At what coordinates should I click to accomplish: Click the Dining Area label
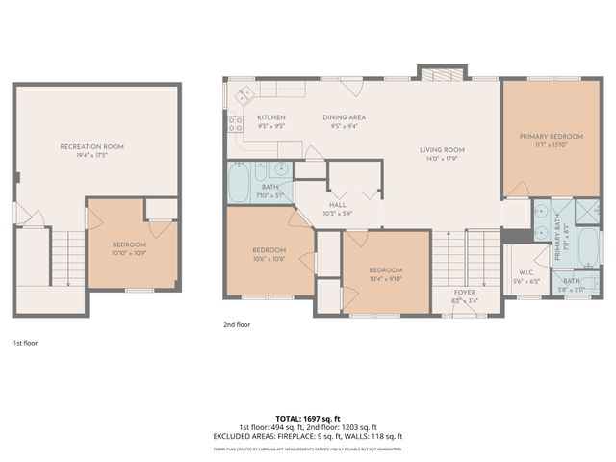tap(344, 117)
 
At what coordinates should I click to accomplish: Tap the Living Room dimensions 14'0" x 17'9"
tap(442, 158)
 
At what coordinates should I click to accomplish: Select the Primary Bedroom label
tap(546, 137)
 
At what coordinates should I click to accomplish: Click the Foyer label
tap(466, 292)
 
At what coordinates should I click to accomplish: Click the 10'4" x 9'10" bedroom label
tap(385, 274)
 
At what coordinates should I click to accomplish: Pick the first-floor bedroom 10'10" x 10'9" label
tap(130, 249)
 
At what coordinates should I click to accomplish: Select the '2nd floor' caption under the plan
tap(236, 325)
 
